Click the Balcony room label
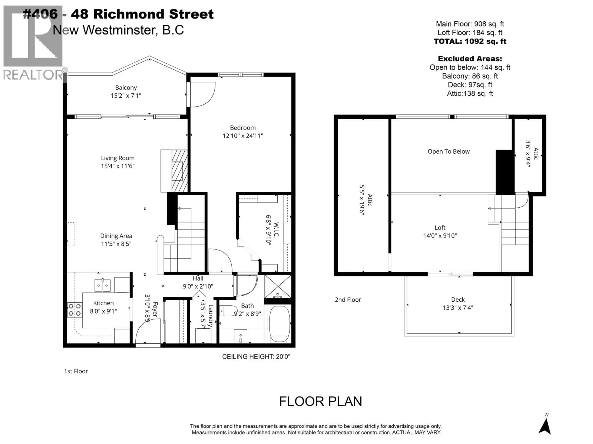(126, 88)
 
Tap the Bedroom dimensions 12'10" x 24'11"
(243, 136)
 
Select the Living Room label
(118, 158)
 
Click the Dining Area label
(116, 236)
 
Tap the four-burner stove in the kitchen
(75, 310)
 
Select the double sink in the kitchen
(102, 285)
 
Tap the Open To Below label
(448, 152)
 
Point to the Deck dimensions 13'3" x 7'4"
(458, 308)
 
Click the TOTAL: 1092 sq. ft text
(470, 41)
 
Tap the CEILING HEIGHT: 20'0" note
(256, 357)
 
